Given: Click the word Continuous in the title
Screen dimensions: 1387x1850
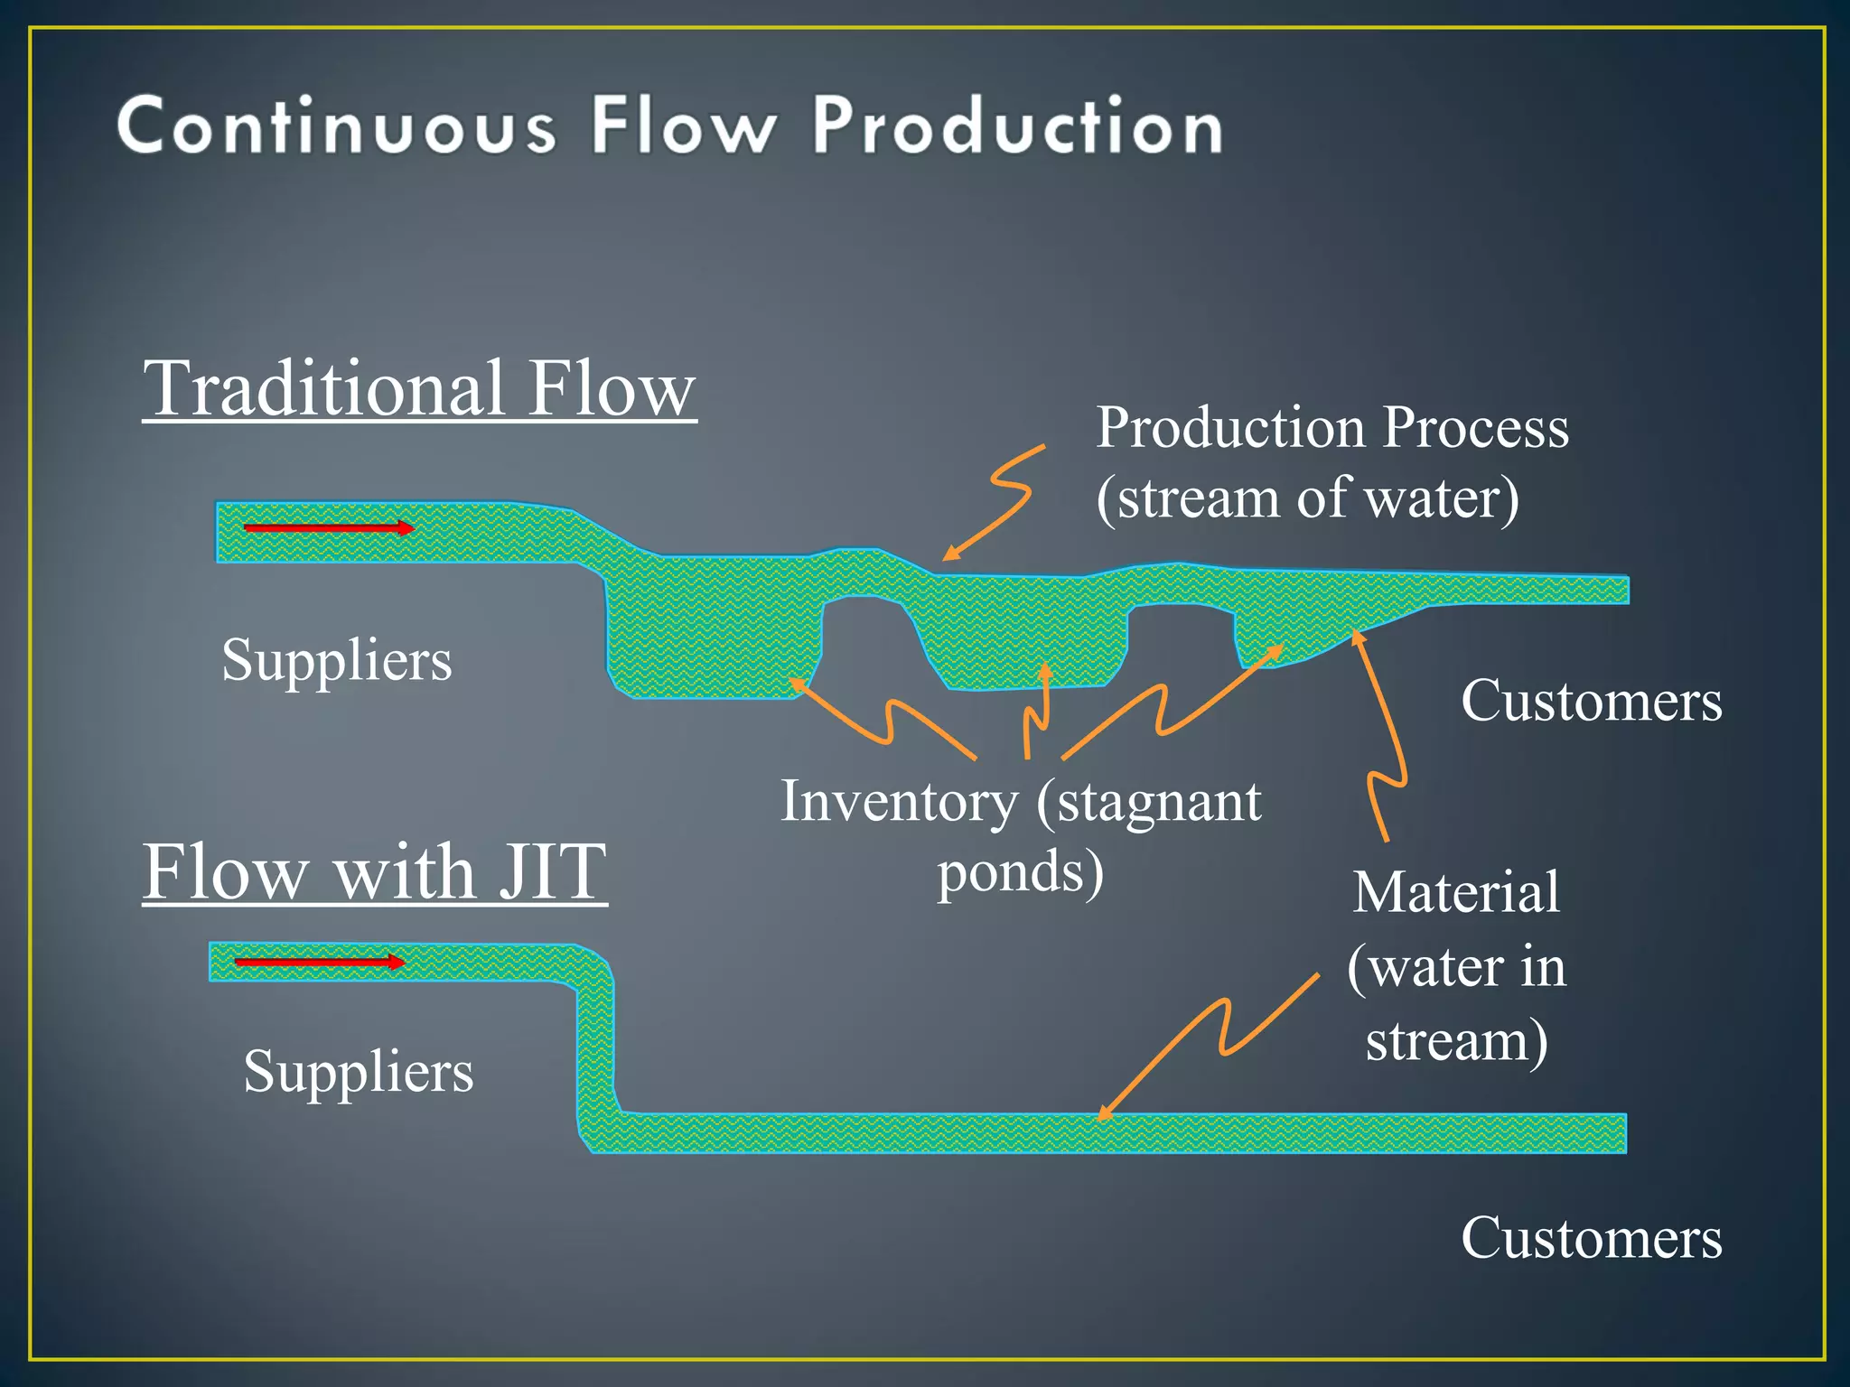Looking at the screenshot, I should point(336,126).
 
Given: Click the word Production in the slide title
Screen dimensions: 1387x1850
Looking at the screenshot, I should point(1017,126).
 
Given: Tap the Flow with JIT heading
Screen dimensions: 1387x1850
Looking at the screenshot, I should point(374,871).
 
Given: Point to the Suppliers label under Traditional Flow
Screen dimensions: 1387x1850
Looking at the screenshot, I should point(336,660).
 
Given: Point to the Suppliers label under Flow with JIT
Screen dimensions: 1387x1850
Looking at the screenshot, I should point(358,1072).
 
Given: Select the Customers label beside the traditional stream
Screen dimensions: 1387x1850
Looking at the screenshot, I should point(1591,701).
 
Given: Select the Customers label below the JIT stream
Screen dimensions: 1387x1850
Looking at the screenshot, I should point(1591,1238).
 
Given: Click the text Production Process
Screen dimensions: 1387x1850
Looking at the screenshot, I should point(1332,427).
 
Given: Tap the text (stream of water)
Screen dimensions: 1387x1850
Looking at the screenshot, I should point(1307,498).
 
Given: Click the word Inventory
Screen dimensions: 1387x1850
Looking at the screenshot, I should point(899,802).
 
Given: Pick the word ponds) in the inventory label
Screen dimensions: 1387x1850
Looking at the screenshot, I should point(1020,873).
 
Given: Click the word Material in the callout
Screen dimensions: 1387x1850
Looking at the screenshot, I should point(1456,893).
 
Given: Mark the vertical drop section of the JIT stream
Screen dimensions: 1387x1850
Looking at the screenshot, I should point(595,1047).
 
